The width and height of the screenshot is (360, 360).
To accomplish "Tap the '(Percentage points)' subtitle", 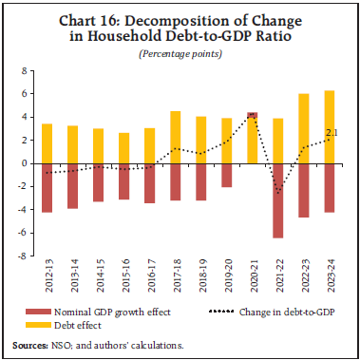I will click(180, 52).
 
